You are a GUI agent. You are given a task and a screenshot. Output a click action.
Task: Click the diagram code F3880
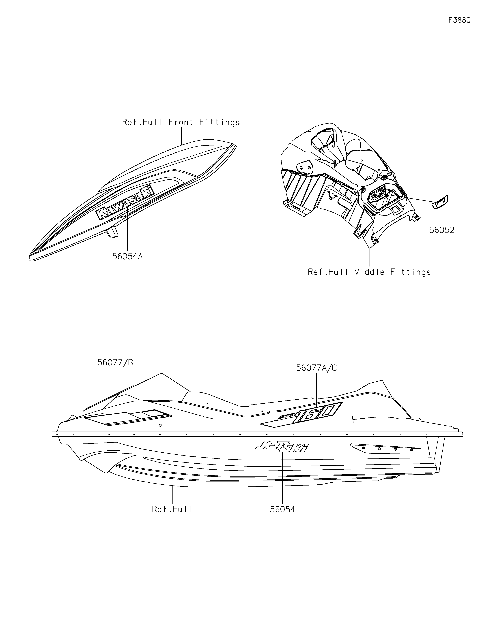460,20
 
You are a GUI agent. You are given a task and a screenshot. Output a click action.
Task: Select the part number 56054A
127,256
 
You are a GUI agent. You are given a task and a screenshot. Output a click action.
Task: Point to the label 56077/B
115,362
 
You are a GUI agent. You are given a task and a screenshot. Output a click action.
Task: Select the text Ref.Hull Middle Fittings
369,272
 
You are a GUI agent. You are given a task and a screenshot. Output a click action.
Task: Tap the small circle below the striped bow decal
160,425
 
